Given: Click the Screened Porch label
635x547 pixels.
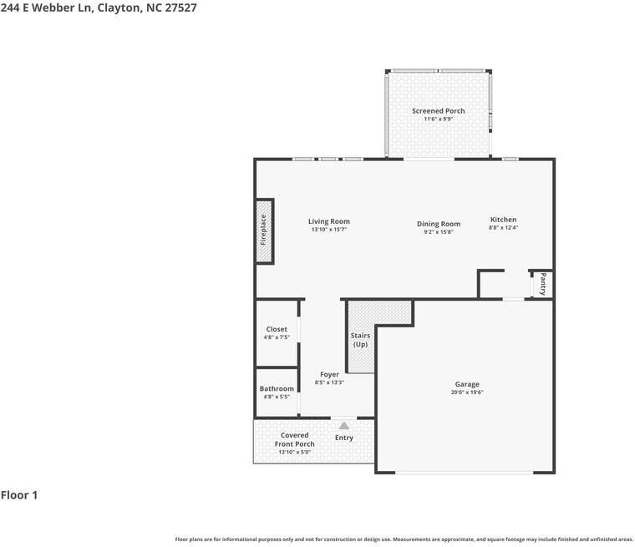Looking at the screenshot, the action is pyautogui.click(x=438, y=110).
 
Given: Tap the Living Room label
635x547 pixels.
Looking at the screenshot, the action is pyautogui.click(x=329, y=221).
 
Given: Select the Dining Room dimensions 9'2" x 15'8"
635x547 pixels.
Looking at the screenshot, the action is pyautogui.click(x=438, y=232).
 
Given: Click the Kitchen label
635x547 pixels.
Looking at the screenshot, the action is pyautogui.click(x=503, y=220).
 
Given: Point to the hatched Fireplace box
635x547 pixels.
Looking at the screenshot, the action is pyautogui.click(x=264, y=231).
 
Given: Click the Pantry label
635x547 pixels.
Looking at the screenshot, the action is pyautogui.click(x=542, y=284).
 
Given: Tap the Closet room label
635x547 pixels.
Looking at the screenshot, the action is pyautogui.click(x=277, y=329).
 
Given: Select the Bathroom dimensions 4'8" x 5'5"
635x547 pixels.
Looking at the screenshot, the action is pyautogui.click(x=277, y=397).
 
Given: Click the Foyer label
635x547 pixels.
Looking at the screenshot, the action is pyautogui.click(x=329, y=374).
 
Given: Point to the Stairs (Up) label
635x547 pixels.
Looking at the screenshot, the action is pyautogui.click(x=360, y=340).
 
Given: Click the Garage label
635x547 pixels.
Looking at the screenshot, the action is pyautogui.click(x=467, y=384).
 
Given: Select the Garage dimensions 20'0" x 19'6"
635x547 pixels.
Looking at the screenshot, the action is pyautogui.click(x=467, y=392).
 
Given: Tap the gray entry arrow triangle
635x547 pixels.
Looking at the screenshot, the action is pyautogui.click(x=344, y=426).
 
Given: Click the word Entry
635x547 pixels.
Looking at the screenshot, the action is pyautogui.click(x=344, y=438).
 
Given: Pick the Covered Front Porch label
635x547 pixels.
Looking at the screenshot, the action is pyautogui.click(x=294, y=439).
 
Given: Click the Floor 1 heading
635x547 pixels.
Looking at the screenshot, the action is pyautogui.click(x=19, y=494).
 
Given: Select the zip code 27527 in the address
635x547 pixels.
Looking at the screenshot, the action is pyautogui.click(x=180, y=8).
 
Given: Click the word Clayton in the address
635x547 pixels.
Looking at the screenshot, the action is pyautogui.click(x=119, y=8).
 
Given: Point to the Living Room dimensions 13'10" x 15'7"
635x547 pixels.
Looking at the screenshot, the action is pyautogui.click(x=329, y=230).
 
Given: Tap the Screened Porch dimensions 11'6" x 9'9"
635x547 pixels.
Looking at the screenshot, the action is pyautogui.click(x=438, y=119).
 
